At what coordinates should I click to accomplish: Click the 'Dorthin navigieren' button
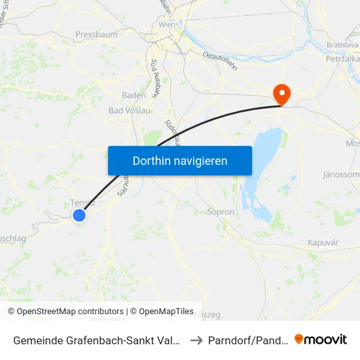tap(179, 160)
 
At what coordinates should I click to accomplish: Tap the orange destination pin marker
tap(281, 94)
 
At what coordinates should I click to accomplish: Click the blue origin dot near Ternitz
tap(79, 215)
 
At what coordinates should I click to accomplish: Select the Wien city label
tap(167, 24)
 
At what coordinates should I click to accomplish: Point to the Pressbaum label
tap(96, 33)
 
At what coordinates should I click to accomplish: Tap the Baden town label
tap(134, 95)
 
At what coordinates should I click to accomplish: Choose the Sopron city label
tap(220, 212)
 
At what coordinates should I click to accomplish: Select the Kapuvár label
tap(322, 243)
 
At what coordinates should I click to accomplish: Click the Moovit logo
tap(321, 339)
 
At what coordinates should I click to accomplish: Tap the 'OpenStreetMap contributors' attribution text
tap(70, 312)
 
